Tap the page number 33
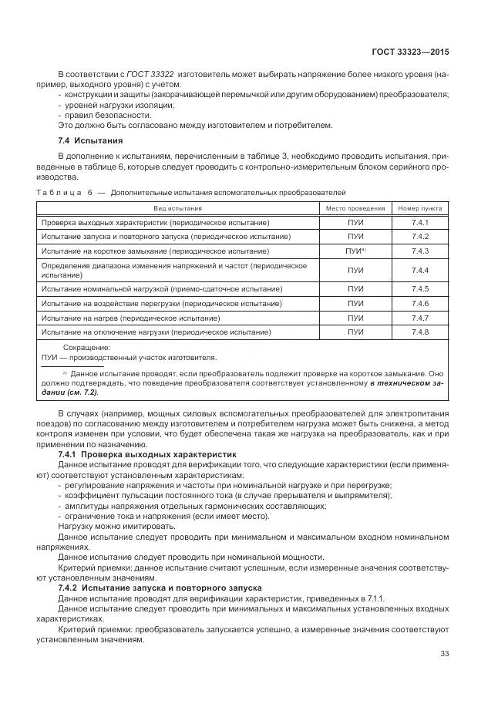[444, 654]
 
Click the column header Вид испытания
[177, 208]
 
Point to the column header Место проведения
[355, 208]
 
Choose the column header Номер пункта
[419, 208]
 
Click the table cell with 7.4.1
[419, 223]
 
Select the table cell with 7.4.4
[419, 270]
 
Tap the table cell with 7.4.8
[419, 332]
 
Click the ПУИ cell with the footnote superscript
[355, 251]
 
